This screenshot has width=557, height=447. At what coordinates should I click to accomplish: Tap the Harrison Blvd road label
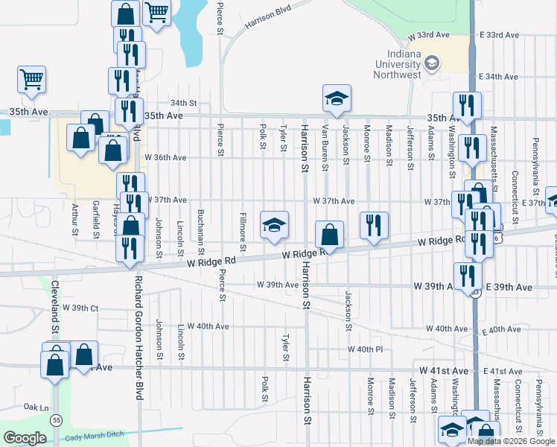[266, 22]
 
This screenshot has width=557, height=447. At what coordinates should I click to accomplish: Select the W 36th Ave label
[165, 158]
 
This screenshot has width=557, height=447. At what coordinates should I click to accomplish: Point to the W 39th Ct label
[80, 308]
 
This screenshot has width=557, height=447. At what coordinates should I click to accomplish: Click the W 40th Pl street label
[365, 349]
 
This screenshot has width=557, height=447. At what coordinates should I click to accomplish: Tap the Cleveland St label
[54, 306]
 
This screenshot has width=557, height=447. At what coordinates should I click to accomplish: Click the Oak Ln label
[36, 407]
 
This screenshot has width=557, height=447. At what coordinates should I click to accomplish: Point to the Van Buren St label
[325, 147]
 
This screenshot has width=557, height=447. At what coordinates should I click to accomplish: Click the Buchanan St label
[200, 228]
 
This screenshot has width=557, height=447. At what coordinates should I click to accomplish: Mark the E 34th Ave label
[498, 77]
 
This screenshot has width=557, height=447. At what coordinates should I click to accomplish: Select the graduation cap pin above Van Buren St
[337, 98]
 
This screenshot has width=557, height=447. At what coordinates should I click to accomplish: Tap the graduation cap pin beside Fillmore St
[274, 225]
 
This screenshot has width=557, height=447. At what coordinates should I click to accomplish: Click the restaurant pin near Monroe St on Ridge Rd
[374, 226]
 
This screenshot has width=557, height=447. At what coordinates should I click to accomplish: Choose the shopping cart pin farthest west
[32, 79]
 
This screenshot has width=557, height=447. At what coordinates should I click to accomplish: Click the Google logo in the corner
[25, 438]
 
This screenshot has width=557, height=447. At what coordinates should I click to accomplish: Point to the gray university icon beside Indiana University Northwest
[431, 64]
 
